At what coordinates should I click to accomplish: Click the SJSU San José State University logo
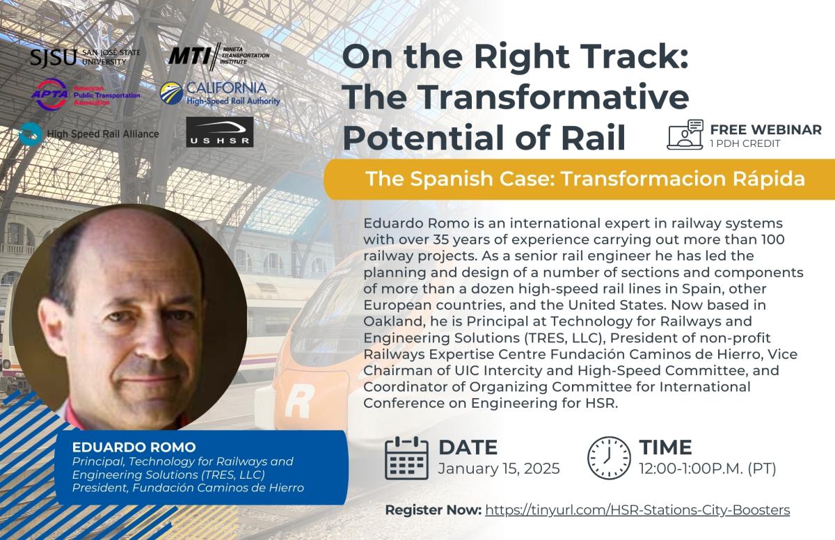85,57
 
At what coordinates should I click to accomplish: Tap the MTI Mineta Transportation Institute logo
218,56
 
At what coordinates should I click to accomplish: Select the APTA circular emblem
50,94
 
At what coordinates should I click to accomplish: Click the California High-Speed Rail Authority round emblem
171,93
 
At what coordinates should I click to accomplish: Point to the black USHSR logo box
220,132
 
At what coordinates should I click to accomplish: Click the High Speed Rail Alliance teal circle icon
30,134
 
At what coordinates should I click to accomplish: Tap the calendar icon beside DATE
406,458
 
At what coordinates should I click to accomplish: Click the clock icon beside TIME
609,458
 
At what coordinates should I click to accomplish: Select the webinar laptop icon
685,134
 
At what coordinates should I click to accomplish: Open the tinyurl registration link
637,510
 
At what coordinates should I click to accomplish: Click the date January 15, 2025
499,469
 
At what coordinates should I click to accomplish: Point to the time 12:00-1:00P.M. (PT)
708,469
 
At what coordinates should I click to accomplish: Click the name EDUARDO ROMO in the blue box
134,447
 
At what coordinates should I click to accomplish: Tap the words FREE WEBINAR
766,129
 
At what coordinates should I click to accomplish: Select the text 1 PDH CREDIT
745,143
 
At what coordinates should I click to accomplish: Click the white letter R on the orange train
299,401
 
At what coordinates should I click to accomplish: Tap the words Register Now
433,510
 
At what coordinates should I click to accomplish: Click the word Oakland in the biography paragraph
394,321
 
